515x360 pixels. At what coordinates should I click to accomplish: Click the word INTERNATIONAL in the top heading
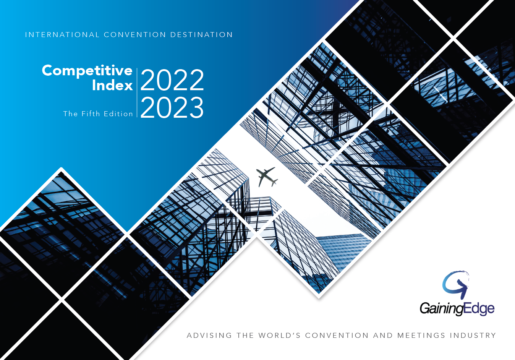pos(62,35)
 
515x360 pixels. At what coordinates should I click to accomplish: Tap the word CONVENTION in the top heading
pos(135,35)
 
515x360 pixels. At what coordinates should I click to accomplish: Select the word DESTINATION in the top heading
pos(201,35)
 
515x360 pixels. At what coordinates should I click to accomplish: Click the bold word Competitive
pos(87,71)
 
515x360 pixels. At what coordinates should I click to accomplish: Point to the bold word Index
pos(112,85)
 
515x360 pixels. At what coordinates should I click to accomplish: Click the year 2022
pos(172,80)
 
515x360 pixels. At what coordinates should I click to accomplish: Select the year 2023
pos(172,107)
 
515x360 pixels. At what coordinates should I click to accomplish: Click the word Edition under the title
pos(118,114)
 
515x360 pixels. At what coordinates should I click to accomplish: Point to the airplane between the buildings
pos(267,177)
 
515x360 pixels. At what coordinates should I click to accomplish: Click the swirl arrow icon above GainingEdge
pos(456,285)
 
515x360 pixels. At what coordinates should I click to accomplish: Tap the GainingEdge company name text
pos(457,309)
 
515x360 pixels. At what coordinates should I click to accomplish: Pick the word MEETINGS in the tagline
pos(421,336)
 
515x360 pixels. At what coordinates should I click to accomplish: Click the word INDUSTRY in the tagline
pos(473,336)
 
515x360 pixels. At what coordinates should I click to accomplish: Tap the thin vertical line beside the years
pos(137,93)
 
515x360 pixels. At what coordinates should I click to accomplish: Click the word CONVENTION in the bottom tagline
pos(337,336)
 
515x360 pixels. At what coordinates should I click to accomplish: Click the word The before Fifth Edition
pos(71,114)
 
